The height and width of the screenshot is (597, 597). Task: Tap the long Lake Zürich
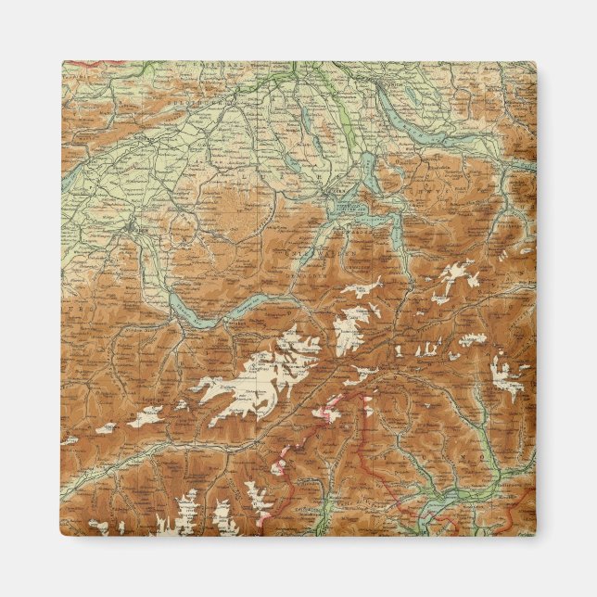[428, 131]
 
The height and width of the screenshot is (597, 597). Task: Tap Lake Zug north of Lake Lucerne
[368, 171]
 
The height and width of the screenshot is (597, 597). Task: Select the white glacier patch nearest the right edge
[505, 371]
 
